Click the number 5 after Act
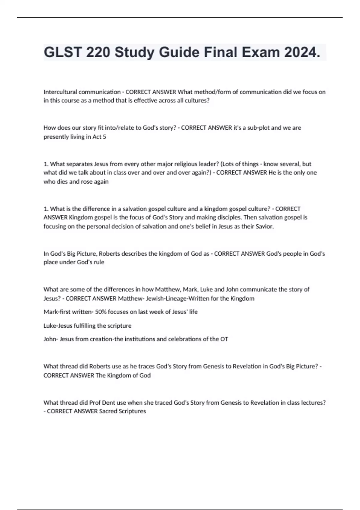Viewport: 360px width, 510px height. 104,137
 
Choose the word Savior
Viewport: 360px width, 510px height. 265,226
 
